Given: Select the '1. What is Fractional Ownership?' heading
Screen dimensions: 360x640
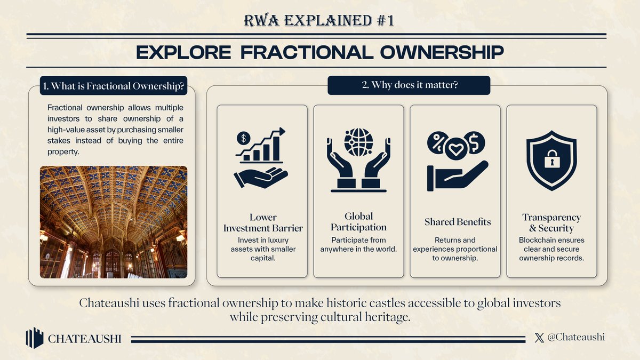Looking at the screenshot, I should pyautogui.click(x=114, y=86).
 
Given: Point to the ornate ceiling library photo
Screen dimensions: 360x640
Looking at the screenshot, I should pyautogui.click(x=114, y=221).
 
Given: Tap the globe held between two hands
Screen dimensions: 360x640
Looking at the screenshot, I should pyautogui.click(x=358, y=141).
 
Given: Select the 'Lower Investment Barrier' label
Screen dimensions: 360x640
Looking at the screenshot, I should pyautogui.click(x=262, y=223).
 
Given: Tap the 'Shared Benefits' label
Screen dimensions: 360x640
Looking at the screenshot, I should pyautogui.click(x=458, y=222).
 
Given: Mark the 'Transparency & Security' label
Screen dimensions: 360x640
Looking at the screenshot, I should pyautogui.click(x=551, y=223).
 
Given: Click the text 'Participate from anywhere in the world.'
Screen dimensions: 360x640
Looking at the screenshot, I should pyautogui.click(x=358, y=245).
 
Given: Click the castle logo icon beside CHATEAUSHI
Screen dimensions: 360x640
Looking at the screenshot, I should pyautogui.click(x=35, y=338).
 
